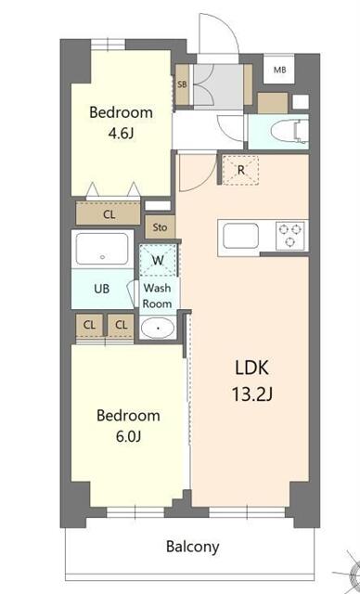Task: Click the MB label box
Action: point(279,69)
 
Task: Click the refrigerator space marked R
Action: point(239,170)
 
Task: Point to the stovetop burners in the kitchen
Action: point(289,235)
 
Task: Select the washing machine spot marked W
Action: point(158,260)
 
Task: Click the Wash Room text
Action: point(157,295)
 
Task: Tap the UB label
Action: point(101,289)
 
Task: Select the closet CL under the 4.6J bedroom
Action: point(109,214)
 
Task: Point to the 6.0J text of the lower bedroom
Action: point(128,436)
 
